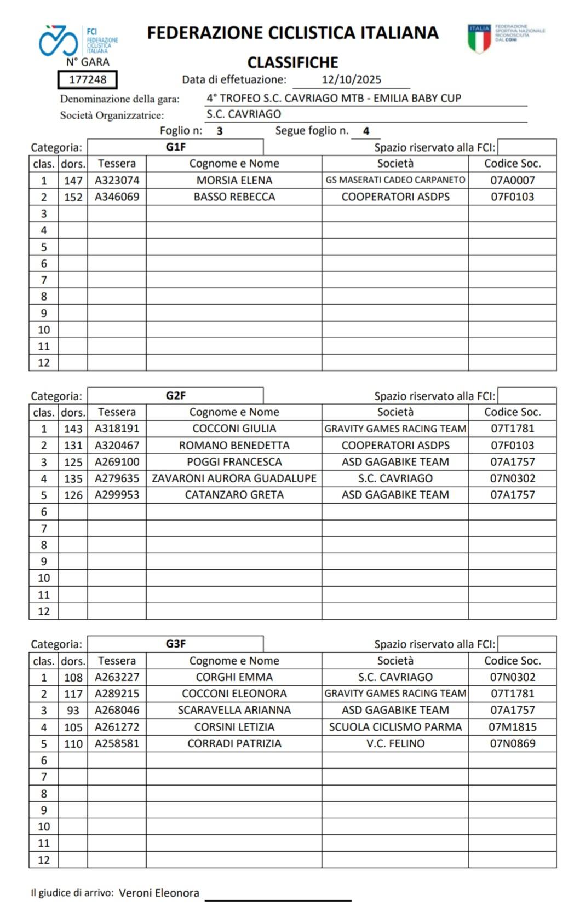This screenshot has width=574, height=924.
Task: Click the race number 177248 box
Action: point(88,80)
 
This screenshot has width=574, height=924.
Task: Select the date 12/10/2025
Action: point(351,80)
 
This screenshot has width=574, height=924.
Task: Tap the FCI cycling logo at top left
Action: point(58,40)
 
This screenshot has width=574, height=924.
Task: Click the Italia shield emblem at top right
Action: point(479,38)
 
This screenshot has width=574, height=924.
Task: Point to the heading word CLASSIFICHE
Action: point(292,62)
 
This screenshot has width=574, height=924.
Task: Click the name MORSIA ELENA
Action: point(234,180)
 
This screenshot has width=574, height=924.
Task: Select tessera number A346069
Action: point(117,197)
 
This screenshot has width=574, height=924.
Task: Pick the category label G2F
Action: point(175,396)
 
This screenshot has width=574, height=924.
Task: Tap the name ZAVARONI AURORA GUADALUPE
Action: point(234,478)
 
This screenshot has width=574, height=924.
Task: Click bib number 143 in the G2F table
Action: point(73,429)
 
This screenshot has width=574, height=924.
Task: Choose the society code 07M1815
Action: point(512,727)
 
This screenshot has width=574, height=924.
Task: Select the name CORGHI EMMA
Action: point(234,677)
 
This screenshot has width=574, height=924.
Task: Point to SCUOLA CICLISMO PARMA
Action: point(395,727)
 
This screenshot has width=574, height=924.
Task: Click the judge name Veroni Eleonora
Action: point(159,893)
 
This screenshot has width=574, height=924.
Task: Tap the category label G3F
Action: point(175,644)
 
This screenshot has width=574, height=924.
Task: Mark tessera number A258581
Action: point(117,743)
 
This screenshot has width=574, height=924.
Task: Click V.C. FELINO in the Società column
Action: point(395,743)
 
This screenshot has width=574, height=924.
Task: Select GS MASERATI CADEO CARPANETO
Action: point(395,180)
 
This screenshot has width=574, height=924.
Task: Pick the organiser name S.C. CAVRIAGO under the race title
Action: point(244,114)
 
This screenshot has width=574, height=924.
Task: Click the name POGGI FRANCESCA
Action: point(234,462)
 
